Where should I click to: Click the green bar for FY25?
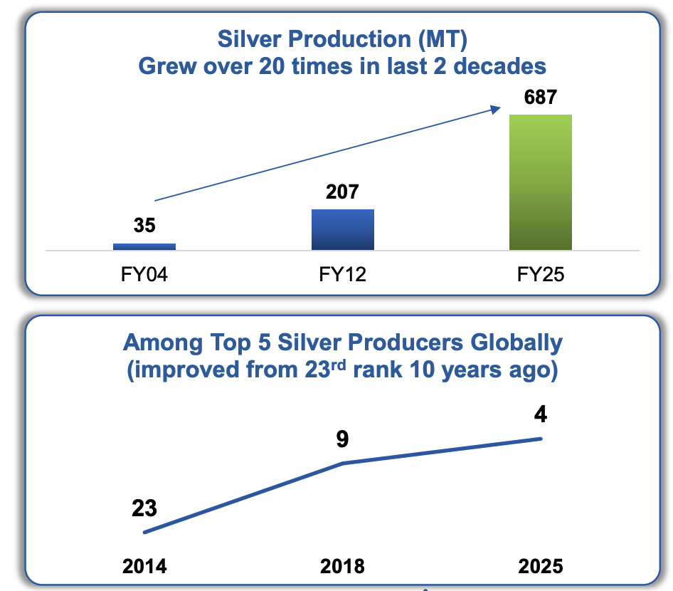[540, 182]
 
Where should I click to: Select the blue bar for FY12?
[342, 229]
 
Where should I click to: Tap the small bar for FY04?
[144, 246]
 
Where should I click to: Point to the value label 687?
[540, 97]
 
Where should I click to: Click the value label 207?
[342, 192]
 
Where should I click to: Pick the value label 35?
[144, 226]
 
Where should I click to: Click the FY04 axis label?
[144, 274]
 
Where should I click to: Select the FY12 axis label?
[342, 274]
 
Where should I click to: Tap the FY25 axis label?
[540, 274]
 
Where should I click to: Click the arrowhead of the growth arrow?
[494, 108]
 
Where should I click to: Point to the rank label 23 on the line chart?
[144, 508]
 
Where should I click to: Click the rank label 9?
[342, 439]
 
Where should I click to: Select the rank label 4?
[541, 414]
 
